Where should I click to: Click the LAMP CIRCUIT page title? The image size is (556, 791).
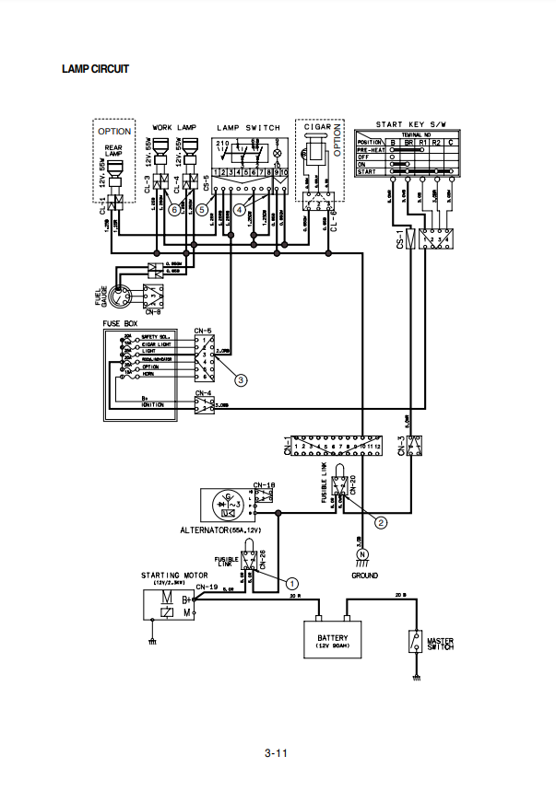pyautogui.click(x=95, y=69)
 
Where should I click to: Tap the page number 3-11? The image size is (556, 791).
pyautogui.click(x=277, y=754)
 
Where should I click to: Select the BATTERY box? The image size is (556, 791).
pyautogui.click(x=332, y=640)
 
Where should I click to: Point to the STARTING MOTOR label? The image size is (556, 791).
pyautogui.click(x=168, y=576)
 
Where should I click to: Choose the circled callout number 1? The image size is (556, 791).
pyautogui.click(x=292, y=582)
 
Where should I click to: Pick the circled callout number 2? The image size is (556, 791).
pyautogui.click(x=380, y=520)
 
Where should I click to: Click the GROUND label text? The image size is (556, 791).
pyautogui.click(x=364, y=576)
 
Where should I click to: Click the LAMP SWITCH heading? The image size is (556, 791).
pyautogui.click(x=246, y=127)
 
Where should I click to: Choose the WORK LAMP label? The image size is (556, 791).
pyautogui.click(x=175, y=127)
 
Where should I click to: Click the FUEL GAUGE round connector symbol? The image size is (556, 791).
pyautogui.click(x=122, y=296)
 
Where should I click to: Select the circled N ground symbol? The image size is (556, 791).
pyautogui.click(x=361, y=553)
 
